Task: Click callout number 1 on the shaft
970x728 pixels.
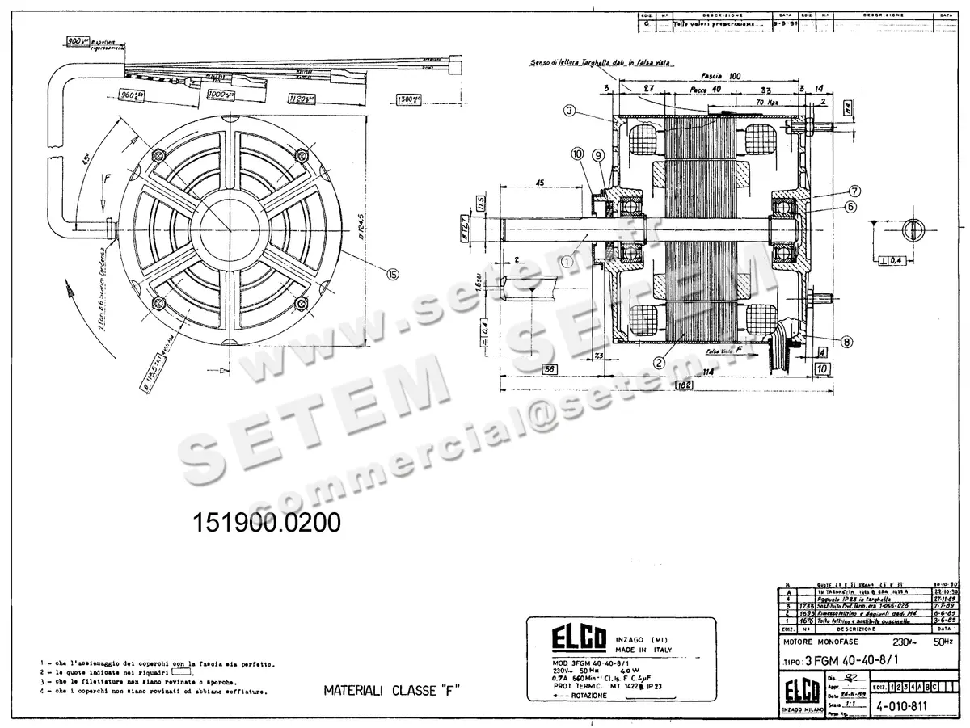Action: pos(567,261)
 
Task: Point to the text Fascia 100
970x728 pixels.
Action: pos(723,75)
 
